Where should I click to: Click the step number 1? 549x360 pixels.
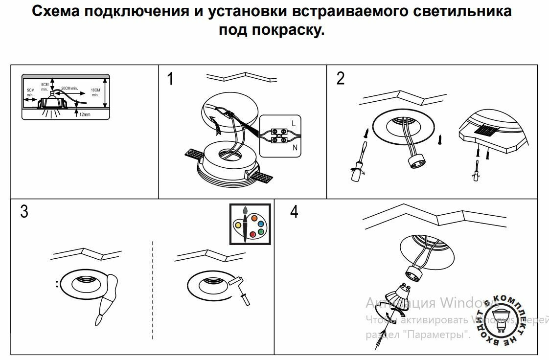pos(170,79)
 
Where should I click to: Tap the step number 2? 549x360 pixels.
pos(341,78)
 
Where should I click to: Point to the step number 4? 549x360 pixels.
pos(294,212)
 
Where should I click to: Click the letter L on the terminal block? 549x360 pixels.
pos(294,123)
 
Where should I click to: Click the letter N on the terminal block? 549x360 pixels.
pos(294,147)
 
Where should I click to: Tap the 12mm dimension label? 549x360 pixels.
pos(85,114)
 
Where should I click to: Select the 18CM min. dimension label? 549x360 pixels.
pos(96,92)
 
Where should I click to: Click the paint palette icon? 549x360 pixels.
pos(250,223)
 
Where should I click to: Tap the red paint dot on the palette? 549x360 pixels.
pos(252,234)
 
